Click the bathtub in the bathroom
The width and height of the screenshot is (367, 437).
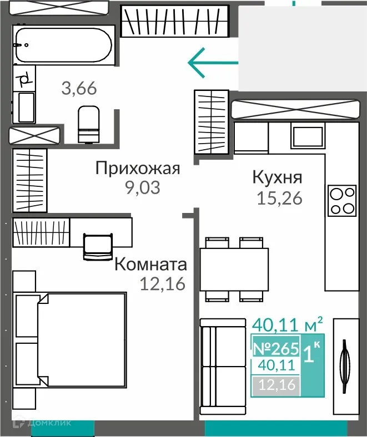pos(64,45)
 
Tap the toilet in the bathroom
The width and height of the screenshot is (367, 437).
pos(88,124)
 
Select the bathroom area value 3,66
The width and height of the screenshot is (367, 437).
pos(79,88)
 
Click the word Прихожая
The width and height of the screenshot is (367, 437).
pos(137,168)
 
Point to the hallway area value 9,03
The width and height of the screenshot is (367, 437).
pos(142,188)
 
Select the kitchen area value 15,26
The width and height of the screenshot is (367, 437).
pos(280,198)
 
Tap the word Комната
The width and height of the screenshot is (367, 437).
pos(150,265)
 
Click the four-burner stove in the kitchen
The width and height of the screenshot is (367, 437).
pos(342,201)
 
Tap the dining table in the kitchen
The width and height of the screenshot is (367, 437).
pos(234,268)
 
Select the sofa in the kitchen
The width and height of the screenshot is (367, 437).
pos(223,366)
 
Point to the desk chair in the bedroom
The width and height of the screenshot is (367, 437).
pos(98,246)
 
